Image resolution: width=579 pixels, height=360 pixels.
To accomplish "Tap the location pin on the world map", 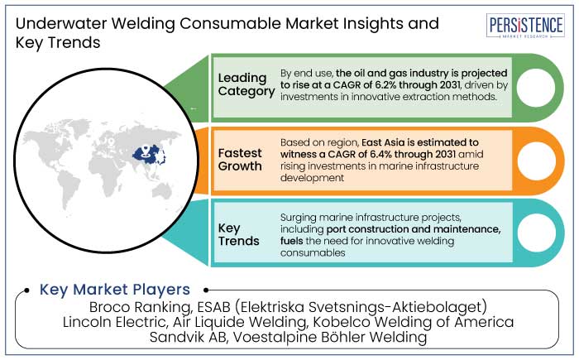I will [x=146, y=151].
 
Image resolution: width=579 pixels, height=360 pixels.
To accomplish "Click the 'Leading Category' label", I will [x=246, y=84].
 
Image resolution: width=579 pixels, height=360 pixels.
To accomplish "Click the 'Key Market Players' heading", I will [x=115, y=290].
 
